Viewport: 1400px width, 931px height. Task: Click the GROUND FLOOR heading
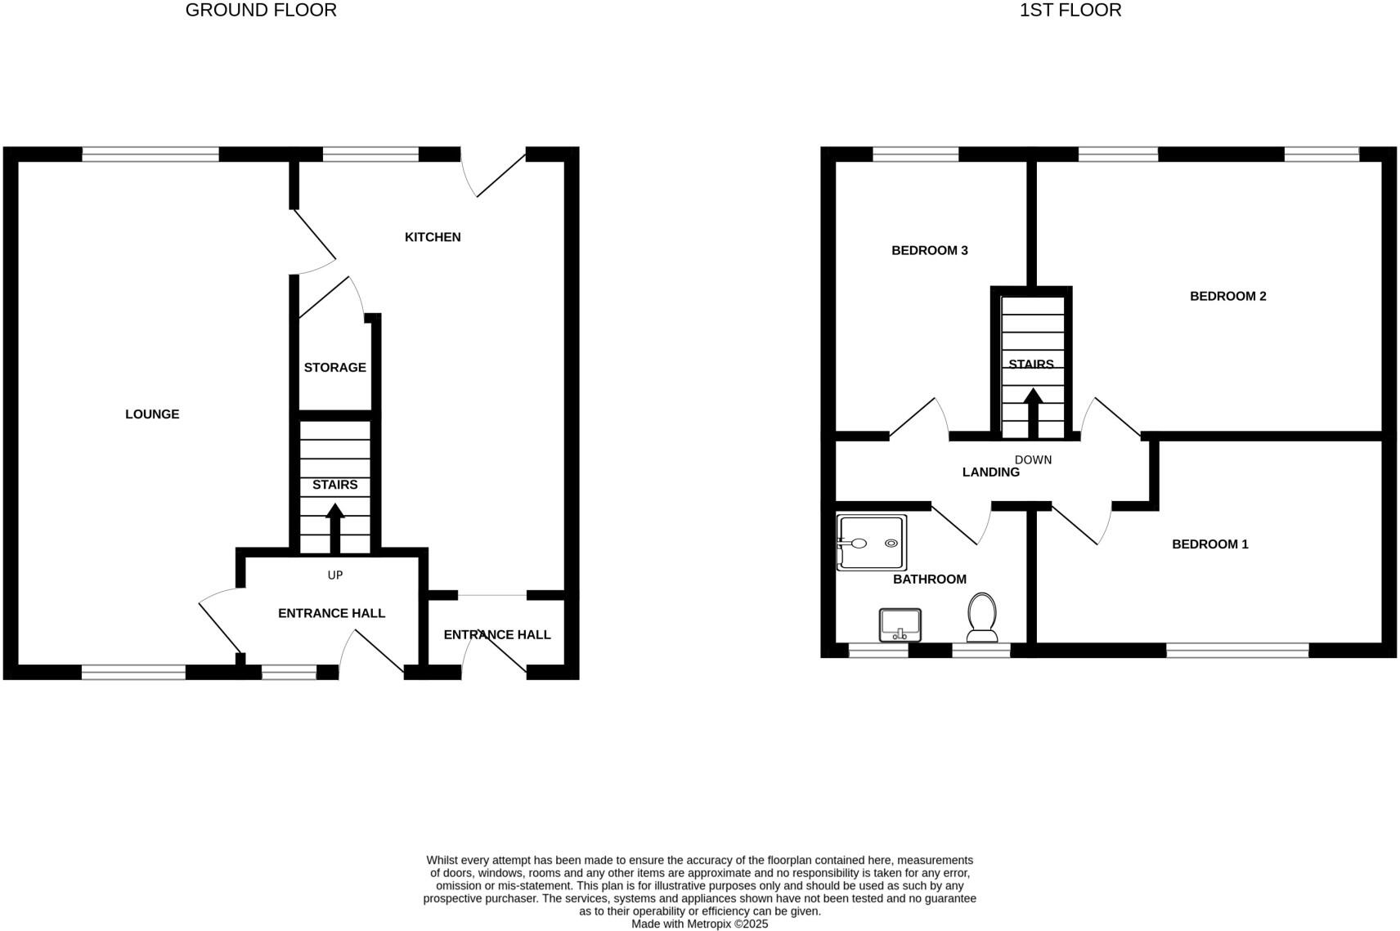[261, 11]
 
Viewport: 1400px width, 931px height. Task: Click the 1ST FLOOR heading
[1070, 11]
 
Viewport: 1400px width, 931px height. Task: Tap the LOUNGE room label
[152, 414]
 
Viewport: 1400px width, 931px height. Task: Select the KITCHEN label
[433, 237]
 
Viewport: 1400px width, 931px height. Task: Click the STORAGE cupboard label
[334, 368]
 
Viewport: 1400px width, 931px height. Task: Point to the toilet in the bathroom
[982, 618]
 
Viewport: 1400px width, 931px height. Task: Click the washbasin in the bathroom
[900, 625]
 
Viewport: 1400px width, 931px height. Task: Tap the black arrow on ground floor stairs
[334, 528]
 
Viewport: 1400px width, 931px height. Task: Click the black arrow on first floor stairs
[1033, 413]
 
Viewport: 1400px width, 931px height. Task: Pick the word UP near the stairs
[334, 575]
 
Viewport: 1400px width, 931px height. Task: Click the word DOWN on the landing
[1033, 460]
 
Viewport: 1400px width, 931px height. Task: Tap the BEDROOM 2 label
[1227, 297]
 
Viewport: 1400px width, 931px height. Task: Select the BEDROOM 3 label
[929, 251]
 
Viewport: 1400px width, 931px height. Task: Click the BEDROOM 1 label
[1209, 544]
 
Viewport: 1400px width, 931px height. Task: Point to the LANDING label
[990, 472]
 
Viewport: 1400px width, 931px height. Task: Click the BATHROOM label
[929, 580]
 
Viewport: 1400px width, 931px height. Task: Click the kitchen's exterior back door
[499, 175]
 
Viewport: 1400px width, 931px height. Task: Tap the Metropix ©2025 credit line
[699, 924]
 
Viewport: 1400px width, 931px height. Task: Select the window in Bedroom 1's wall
[1236, 651]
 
